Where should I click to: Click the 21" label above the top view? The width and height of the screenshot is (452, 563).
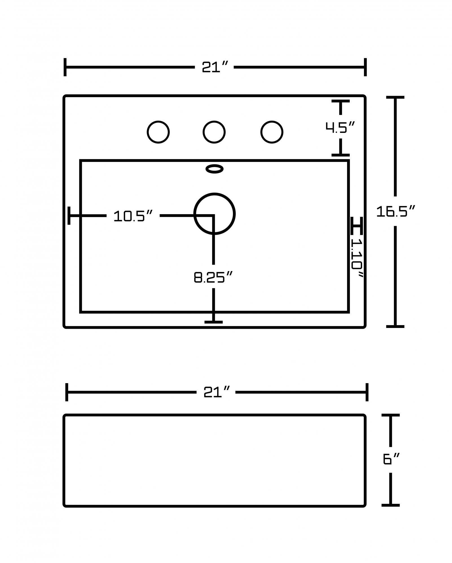click(214, 67)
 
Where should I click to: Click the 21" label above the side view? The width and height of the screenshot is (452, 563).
click(216, 392)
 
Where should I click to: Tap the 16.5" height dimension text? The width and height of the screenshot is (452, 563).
click(396, 211)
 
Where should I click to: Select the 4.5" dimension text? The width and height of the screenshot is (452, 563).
click(340, 127)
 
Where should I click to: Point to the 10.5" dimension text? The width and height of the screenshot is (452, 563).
click(133, 216)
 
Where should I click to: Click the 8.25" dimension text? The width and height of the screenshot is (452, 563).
click(213, 277)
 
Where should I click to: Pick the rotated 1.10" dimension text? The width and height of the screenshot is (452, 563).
click(357, 258)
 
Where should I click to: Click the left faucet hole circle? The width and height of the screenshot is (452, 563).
click(158, 132)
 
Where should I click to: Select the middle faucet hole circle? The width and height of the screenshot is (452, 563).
click(214, 132)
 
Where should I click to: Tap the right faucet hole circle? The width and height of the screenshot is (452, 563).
click(272, 132)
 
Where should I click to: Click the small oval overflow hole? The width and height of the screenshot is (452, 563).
click(214, 169)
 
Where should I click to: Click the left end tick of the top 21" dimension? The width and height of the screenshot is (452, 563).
click(65, 67)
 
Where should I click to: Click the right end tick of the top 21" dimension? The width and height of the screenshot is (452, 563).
click(365, 67)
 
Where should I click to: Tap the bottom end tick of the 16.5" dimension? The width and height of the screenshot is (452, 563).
click(395, 327)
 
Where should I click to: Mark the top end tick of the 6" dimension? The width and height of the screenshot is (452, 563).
click(391, 415)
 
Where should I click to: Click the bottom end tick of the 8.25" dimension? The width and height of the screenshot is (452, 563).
click(213, 322)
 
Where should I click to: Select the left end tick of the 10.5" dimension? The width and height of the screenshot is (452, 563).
click(69, 216)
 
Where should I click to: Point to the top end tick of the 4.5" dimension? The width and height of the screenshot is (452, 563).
click(341, 101)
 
